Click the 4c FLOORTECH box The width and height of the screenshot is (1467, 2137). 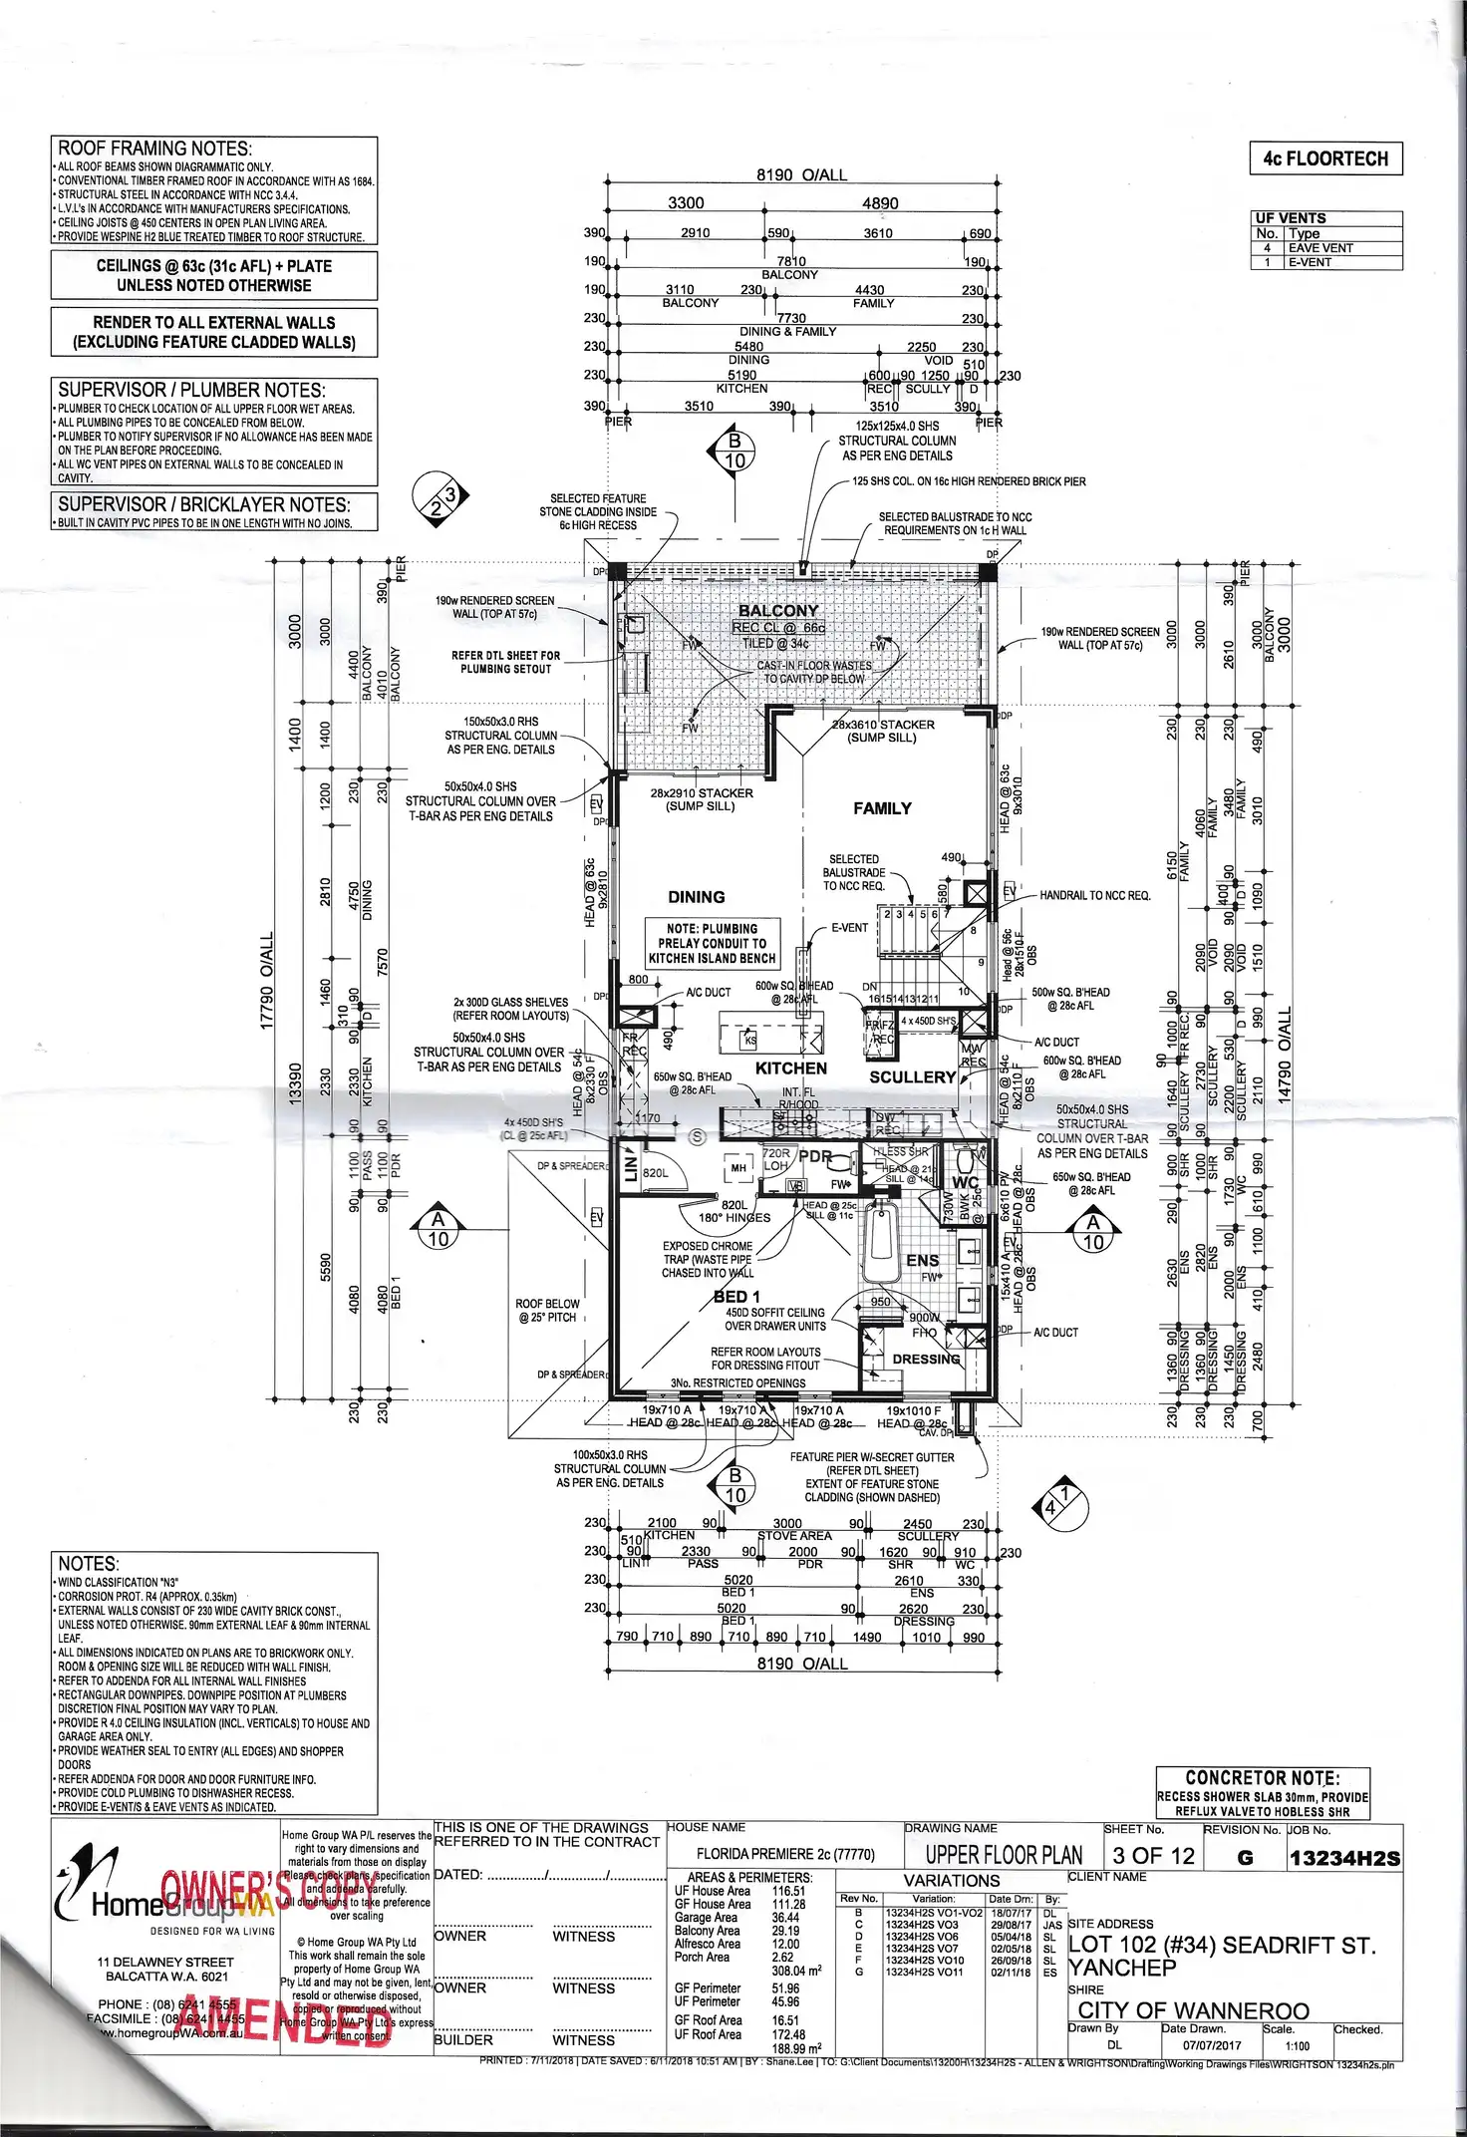pos(1325,158)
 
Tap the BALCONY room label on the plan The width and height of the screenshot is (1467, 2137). pos(778,610)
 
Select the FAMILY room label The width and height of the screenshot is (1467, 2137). pos(882,808)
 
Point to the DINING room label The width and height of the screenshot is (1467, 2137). pos(697,897)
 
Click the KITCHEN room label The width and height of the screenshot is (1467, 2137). pos(791,1068)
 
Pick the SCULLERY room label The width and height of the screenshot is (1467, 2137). pos(912,1077)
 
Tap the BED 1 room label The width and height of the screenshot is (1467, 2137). pos(736,1296)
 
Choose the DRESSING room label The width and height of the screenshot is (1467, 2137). pos(926,1359)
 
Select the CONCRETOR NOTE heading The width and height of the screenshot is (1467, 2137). pos(1262,1777)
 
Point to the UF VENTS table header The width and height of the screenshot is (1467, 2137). pos(1291,217)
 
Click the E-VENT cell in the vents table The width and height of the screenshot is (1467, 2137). pos(1310,262)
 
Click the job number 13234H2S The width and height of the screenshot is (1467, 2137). pos(1343,1858)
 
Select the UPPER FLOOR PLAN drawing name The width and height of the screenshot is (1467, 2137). pos(1003,1855)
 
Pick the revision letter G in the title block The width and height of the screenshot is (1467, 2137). pos(1244,1858)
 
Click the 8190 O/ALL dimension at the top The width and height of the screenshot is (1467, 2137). pos(801,175)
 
